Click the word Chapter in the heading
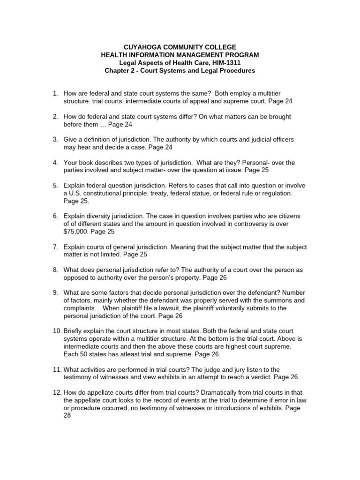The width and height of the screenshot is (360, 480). pyautogui.click(x=117, y=71)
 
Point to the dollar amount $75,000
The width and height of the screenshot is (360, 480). pyautogui.click(x=75, y=232)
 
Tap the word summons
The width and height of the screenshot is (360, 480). pyautogui.click(x=261, y=300)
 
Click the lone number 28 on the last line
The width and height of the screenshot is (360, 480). pyautogui.click(x=67, y=416)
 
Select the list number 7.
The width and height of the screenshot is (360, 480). pyautogui.click(x=55, y=247)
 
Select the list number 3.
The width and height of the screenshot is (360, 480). pyautogui.click(x=55, y=140)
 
